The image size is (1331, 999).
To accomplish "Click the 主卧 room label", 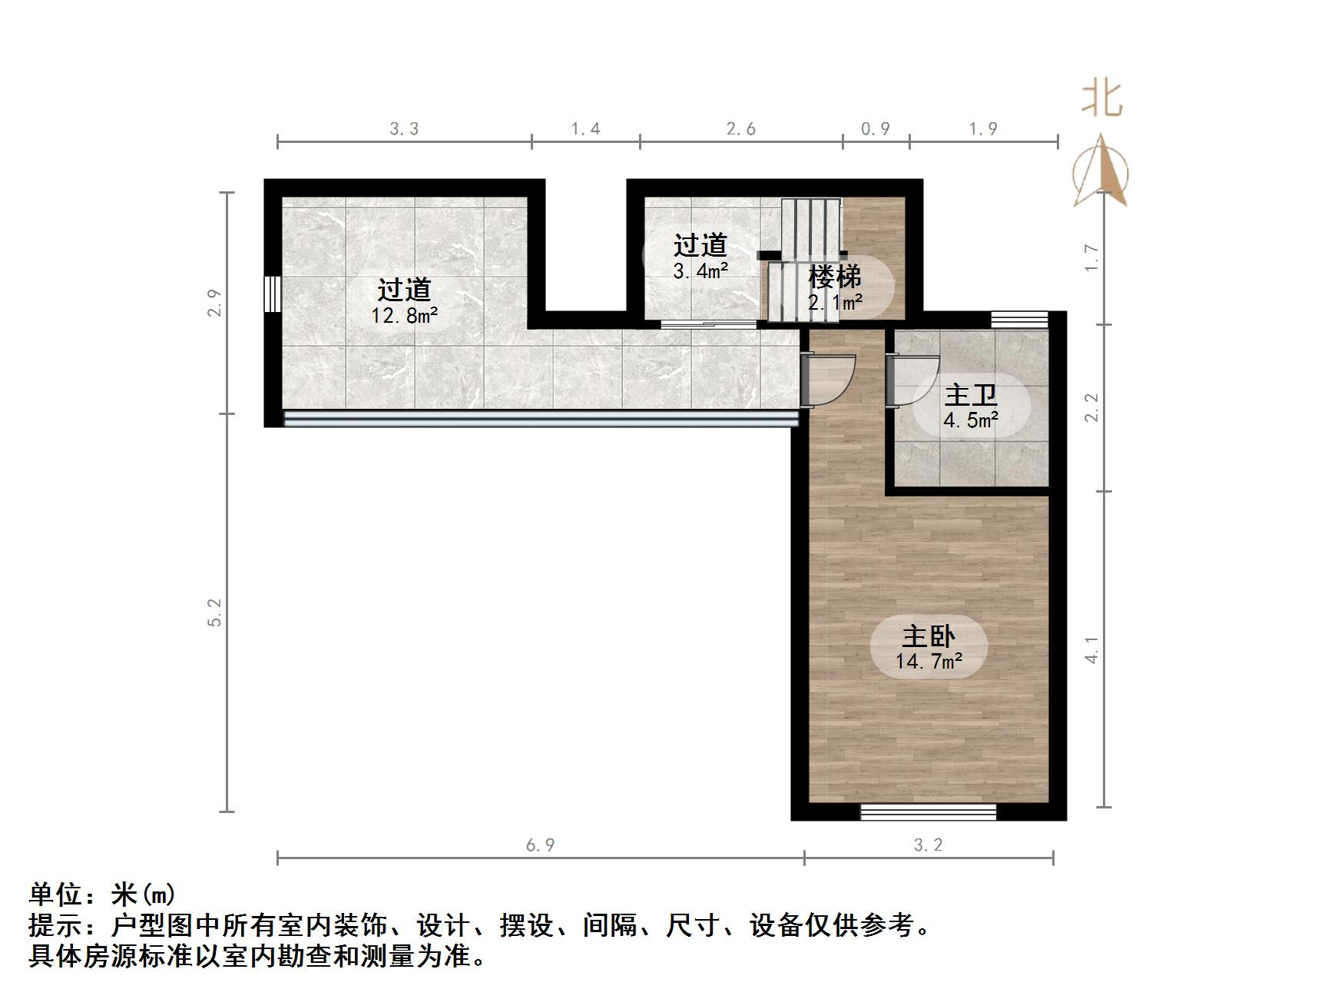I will click(x=928, y=637).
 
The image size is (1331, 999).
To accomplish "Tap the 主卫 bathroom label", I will click(x=971, y=396).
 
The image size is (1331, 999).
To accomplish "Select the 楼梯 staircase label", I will click(x=834, y=277).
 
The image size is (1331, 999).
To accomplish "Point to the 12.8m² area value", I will click(x=405, y=315).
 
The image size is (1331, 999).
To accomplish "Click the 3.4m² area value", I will click(x=700, y=270).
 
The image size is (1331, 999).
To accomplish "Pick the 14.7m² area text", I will click(x=929, y=662).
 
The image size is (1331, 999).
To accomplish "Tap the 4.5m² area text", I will click(x=971, y=420).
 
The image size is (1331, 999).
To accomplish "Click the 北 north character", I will click(x=1101, y=101).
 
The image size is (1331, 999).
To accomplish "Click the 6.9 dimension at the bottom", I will click(x=541, y=845).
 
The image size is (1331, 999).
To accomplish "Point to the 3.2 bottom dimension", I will click(x=928, y=845).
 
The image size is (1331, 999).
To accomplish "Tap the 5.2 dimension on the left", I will click(x=214, y=612).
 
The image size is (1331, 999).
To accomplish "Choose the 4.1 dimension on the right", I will click(x=1091, y=649).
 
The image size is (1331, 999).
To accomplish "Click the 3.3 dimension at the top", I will click(x=404, y=129).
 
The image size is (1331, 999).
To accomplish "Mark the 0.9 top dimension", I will click(x=875, y=129).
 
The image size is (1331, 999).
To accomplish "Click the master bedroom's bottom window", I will click(x=928, y=811).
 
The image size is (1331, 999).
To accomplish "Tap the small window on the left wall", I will click(x=270, y=294).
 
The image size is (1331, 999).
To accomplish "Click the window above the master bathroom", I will click(x=1018, y=320).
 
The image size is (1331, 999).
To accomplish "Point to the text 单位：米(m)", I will click(x=102, y=894).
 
